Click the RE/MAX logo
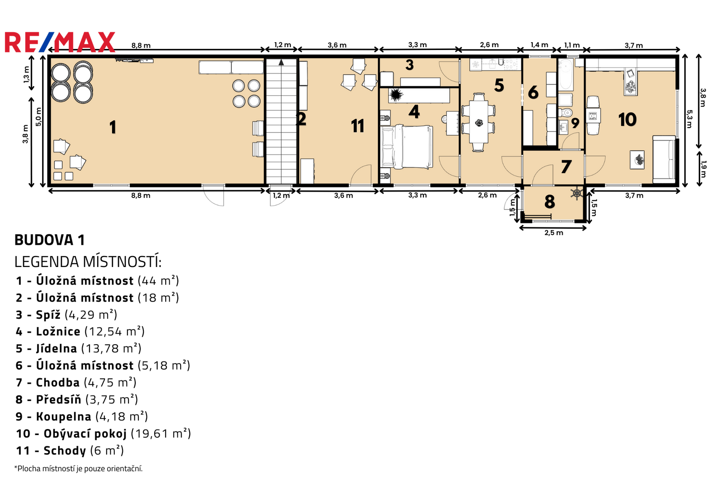(60, 42)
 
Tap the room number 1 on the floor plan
(113, 127)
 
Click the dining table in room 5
(478, 123)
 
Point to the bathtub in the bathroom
(566, 74)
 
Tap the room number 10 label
(628, 119)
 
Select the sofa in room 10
(664, 160)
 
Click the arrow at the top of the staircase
(281, 62)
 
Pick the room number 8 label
(549, 202)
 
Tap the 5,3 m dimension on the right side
(689, 119)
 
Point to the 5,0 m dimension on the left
(39, 117)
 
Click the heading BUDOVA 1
(49, 240)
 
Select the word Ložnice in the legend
(58, 331)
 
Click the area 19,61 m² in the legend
(161, 434)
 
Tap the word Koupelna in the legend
(64, 416)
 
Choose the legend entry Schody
(70, 450)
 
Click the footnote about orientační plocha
(78, 469)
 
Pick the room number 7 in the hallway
(566, 167)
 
